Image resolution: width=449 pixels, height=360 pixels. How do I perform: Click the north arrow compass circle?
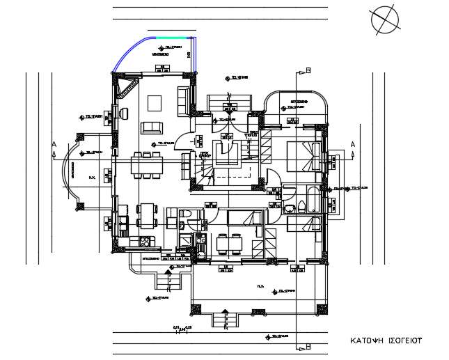coord(384,19)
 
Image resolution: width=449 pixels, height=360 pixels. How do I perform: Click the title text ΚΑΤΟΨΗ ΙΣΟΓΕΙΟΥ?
coord(386,343)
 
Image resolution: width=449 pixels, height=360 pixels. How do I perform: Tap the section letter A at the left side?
coord(54,144)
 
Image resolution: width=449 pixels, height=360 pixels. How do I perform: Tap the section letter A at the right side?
coord(352,144)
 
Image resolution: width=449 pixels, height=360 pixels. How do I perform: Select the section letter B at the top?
coord(308,70)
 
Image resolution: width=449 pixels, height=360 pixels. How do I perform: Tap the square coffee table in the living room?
coord(155,104)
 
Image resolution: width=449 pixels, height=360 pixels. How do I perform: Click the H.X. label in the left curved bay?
coord(91,178)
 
